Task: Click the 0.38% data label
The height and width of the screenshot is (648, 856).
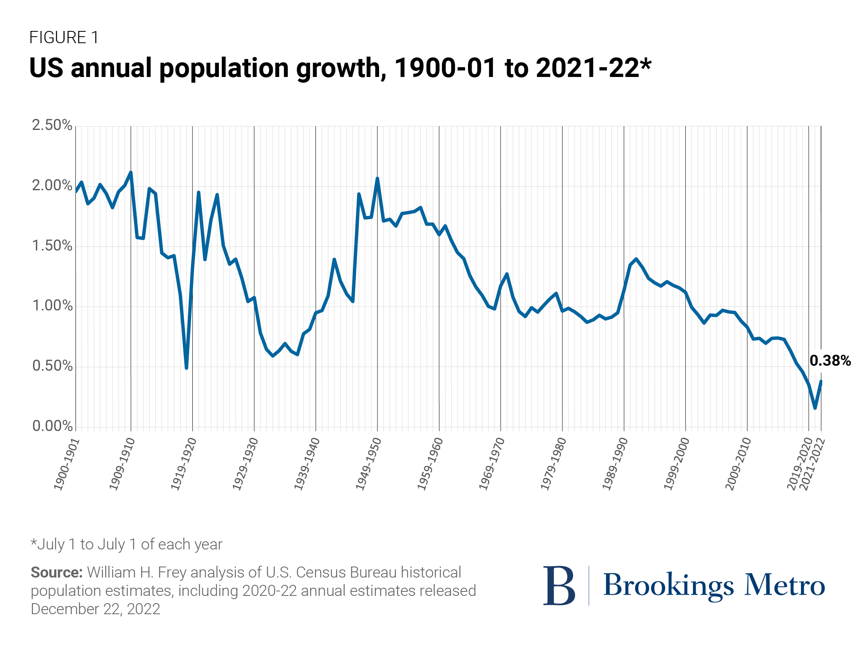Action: pyautogui.click(x=830, y=361)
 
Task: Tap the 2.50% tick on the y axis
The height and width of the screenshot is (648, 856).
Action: pyautogui.click(x=52, y=125)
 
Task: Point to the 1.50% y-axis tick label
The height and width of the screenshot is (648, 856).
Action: pyautogui.click(x=52, y=246)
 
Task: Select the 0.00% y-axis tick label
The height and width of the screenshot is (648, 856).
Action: pyautogui.click(x=52, y=426)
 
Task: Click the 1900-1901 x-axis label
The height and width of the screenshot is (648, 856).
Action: pyautogui.click(x=66, y=464)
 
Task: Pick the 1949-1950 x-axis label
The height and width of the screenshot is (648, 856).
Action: pyautogui.click(x=368, y=464)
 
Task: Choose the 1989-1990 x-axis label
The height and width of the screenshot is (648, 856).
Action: pyautogui.click(x=615, y=464)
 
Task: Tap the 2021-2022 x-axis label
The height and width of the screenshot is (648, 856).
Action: pyautogui.click(x=812, y=464)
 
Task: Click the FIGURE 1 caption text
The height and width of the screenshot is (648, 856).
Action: pyautogui.click(x=64, y=37)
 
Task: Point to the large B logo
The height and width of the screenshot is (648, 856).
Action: pyautogui.click(x=559, y=585)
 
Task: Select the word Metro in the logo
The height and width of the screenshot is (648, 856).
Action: pyautogui.click(x=785, y=585)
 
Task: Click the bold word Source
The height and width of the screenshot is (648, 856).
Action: pyautogui.click(x=57, y=572)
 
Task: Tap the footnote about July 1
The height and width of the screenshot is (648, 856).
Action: pyautogui.click(x=127, y=545)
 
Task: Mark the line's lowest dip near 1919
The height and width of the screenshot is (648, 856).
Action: pyautogui.click(x=186, y=368)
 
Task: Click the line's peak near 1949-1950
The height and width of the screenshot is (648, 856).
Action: pyautogui.click(x=377, y=178)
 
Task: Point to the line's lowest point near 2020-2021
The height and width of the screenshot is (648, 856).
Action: pyautogui.click(x=815, y=408)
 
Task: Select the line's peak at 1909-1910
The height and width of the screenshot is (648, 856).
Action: pyautogui.click(x=131, y=172)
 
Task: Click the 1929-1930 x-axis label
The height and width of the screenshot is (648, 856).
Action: pyautogui.click(x=245, y=464)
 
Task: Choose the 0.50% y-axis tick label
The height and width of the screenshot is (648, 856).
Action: pyautogui.click(x=52, y=366)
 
